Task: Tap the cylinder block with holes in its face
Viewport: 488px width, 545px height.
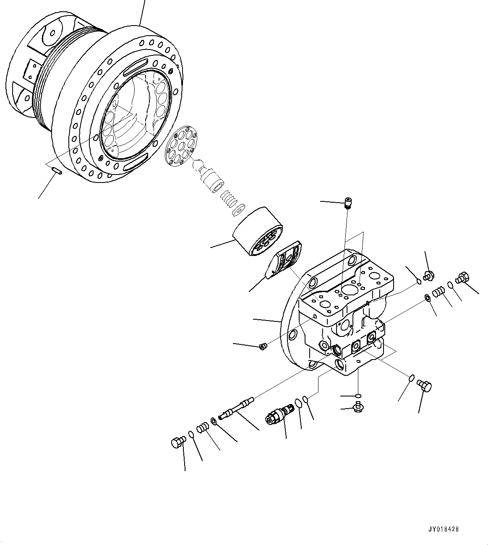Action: tap(257, 231)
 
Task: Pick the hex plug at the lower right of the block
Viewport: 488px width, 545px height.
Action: tap(425, 385)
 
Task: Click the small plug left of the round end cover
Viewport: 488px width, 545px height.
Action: tap(263, 346)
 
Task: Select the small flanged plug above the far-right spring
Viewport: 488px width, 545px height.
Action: tap(428, 276)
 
